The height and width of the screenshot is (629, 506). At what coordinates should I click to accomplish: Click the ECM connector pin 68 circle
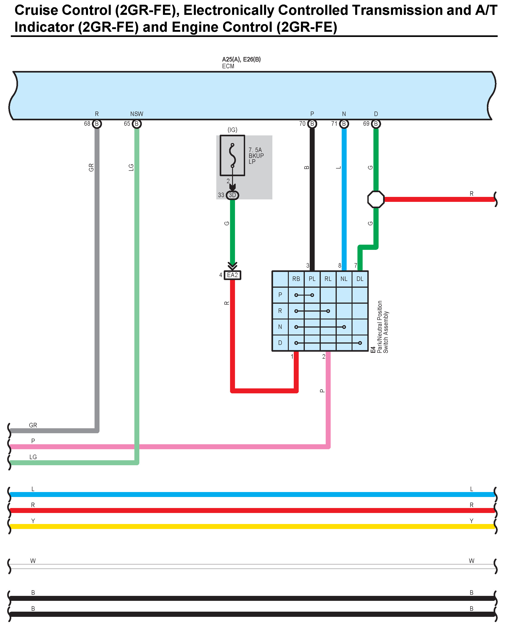tap(97, 124)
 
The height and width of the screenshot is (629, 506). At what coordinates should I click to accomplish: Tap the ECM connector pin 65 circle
tap(137, 124)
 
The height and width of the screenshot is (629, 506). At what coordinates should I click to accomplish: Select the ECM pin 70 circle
tap(312, 124)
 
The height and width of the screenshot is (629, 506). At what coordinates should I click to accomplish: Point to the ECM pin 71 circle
tap(344, 124)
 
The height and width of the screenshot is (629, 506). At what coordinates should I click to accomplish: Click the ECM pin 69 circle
tap(376, 124)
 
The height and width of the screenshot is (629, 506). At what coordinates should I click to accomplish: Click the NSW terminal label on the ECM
tap(137, 114)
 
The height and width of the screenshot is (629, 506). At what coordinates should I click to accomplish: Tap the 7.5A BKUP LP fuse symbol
tap(232, 155)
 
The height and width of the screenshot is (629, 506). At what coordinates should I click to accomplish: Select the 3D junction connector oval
tap(232, 195)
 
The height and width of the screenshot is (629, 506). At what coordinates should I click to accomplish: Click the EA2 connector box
tap(232, 275)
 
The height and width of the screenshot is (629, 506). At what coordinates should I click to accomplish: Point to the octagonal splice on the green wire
tap(376, 199)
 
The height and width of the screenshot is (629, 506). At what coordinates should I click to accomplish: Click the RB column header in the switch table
tap(296, 279)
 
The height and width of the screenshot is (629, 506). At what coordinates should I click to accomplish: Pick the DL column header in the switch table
tap(360, 279)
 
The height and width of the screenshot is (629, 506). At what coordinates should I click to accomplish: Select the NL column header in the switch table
tap(344, 279)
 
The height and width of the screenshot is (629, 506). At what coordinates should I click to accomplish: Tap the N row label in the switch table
tap(280, 327)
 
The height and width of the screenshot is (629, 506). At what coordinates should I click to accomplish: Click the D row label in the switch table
tap(280, 343)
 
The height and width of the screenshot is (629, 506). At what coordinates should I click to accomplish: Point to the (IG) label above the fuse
tap(232, 130)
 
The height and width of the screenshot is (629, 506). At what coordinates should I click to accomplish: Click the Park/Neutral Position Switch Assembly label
tap(383, 327)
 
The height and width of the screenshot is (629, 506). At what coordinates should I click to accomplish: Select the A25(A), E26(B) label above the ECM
tap(241, 59)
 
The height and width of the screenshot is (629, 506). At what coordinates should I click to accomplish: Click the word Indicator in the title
tap(45, 27)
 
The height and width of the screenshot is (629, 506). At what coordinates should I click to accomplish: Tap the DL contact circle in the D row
tap(360, 343)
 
